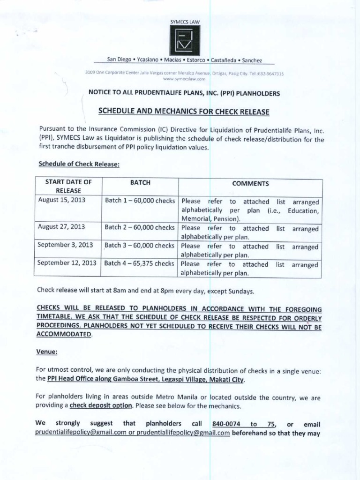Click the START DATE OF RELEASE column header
point(68,186)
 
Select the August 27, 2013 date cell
point(61,227)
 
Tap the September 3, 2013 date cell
point(65,245)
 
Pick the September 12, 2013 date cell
point(67,263)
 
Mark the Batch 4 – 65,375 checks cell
point(140,263)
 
